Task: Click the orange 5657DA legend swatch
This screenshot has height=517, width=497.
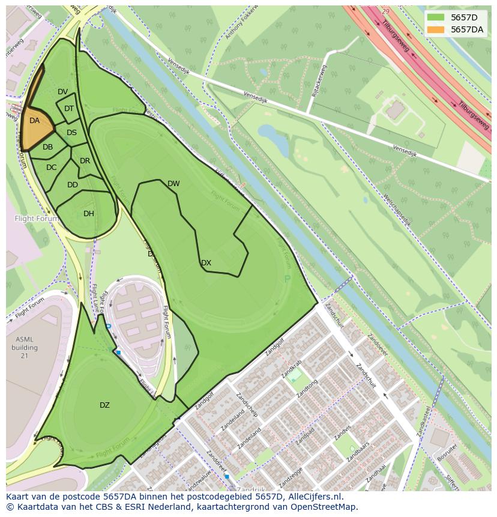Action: pyautogui.click(x=436, y=29)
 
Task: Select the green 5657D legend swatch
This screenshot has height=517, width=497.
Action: pyautogui.click(x=436, y=17)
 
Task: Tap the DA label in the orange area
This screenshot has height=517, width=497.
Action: pyautogui.click(x=34, y=121)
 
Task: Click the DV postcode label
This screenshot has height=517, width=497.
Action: pyautogui.click(x=62, y=92)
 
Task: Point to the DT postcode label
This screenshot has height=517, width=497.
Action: pyautogui.click(x=69, y=109)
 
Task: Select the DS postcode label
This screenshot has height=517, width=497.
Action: pyautogui.click(x=71, y=133)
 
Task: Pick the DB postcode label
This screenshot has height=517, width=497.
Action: pyautogui.click(x=47, y=147)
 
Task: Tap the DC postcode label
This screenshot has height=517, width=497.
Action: pyautogui.click(x=51, y=168)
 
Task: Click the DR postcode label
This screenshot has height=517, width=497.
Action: pyautogui.click(x=85, y=161)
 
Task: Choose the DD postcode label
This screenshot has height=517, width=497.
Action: pyautogui.click(x=73, y=185)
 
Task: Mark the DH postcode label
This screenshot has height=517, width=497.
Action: pyautogui.click(x=89, y=214)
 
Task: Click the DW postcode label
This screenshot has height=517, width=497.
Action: pyautogui.click(x=173, y=184)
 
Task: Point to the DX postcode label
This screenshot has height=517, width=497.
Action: pyautogui.click(x=206, y=263)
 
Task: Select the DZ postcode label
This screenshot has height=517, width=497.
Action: pyautogui.click(x=104, y=405)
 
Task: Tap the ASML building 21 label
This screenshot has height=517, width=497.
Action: pyautogui.click(x=24, y=347)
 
